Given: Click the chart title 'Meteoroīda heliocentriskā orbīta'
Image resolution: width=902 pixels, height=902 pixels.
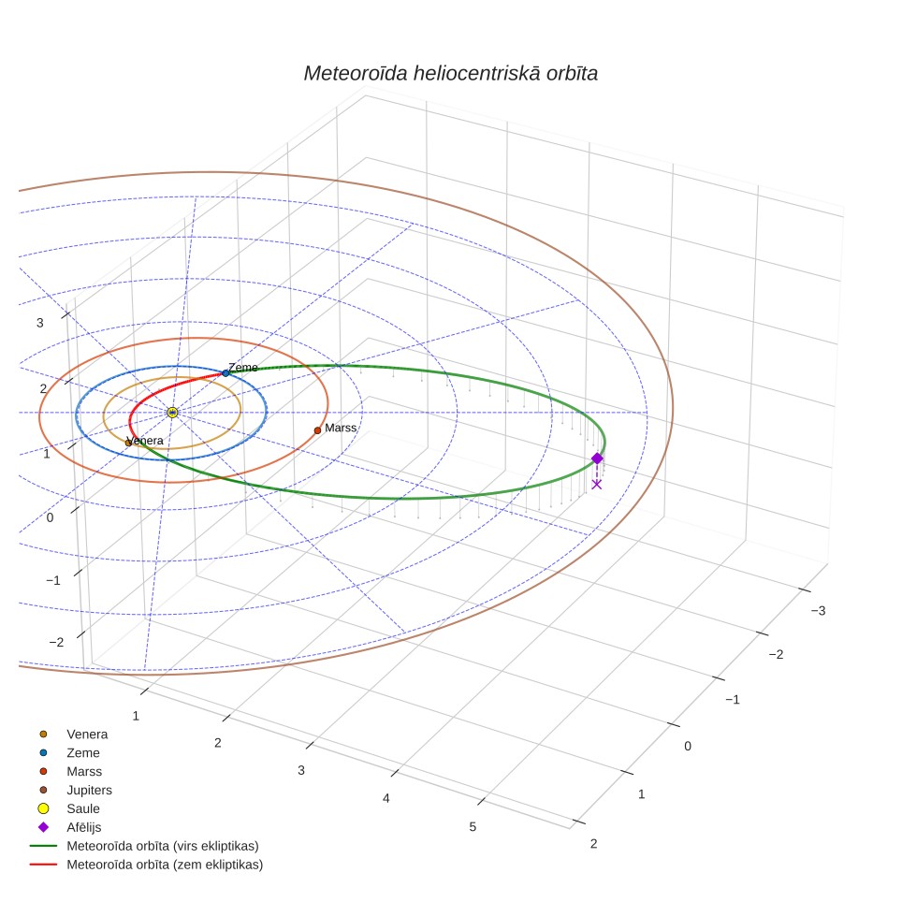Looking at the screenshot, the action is (450, 74).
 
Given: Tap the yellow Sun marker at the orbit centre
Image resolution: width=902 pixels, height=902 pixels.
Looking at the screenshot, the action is (172, 413).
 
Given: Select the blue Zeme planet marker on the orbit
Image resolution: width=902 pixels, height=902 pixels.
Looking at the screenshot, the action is (225, 373).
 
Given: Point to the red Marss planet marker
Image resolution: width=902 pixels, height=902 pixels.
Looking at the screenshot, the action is (317, 430).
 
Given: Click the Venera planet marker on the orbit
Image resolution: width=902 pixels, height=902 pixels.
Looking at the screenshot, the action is (128, 443).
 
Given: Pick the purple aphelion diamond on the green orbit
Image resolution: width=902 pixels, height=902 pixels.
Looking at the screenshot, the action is (597, 458).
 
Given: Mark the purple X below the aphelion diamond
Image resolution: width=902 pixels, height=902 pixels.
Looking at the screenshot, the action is (597, 485).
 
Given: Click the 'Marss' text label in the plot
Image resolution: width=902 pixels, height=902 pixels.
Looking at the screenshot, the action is (341, 428).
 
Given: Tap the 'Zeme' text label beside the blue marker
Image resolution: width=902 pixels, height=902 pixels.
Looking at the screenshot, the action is (242, 368).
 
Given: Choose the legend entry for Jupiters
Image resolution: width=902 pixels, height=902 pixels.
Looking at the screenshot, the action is (89, 791).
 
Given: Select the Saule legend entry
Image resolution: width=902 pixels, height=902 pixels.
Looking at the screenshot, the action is (83, 808).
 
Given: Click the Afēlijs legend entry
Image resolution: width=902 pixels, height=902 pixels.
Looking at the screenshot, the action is (84, 827).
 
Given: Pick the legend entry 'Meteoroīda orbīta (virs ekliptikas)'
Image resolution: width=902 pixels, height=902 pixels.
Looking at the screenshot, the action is (163, 846).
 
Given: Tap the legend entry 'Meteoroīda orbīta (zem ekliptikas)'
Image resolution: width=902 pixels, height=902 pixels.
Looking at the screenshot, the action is (165, 865).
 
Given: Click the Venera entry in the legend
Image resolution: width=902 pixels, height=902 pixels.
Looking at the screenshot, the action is (87, 735).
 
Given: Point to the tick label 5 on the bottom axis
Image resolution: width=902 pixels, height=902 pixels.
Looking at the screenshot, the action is (473, 827).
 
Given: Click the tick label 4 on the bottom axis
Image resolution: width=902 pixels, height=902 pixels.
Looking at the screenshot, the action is (386, 798).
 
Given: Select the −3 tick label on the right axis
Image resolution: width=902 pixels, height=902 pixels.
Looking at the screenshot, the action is (818, 611).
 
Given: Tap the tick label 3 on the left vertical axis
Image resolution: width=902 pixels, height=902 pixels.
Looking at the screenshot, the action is (39, 324).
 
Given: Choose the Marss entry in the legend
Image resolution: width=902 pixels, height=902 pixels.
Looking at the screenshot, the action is (84, 771).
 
